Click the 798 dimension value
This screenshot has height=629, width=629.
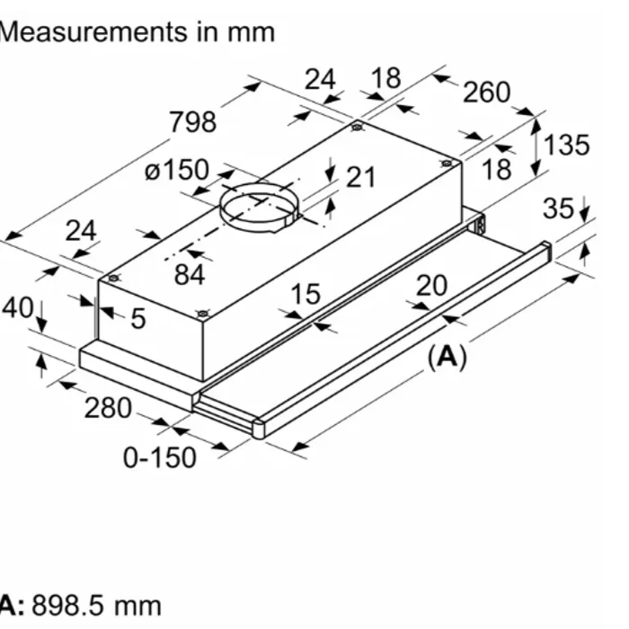click(x=192, y=121)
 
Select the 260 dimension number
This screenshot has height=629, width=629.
click(x=486, y=92)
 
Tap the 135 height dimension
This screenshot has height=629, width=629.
click(x=567, y=144)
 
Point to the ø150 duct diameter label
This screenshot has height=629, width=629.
click(x=176, y=169)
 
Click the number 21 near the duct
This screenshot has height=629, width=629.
click(x=360, y=177)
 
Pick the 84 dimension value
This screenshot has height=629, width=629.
click(x=190, y=274)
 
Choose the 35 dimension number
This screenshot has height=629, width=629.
click(x=559, y=208)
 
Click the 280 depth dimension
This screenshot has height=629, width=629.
click(x=108, y=409)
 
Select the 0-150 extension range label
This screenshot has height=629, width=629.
click(x=159, y=457)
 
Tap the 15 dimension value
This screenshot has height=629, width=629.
click(x=306, y=293)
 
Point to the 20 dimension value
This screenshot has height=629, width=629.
click(x=431, y=285)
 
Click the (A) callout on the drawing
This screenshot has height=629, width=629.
click(x=447, y=358)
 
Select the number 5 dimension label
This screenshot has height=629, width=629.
click(x=137, y=317)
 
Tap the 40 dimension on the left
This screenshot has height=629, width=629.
click(x=16, y=308)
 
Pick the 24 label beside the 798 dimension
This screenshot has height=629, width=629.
click(x=320, y=80)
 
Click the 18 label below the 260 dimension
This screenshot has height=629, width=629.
click(x=496, y=169)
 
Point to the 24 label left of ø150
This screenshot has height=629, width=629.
click(x=81, y=231)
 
